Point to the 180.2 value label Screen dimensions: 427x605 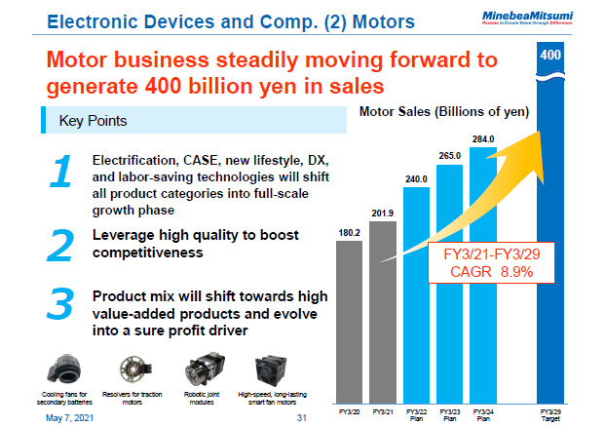point(349,233)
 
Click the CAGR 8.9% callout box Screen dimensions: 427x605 point(483,263)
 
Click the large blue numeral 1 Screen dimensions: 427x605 point(59,172)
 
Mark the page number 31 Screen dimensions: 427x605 point(301,418)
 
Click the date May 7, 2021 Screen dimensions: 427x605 point(63,418)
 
